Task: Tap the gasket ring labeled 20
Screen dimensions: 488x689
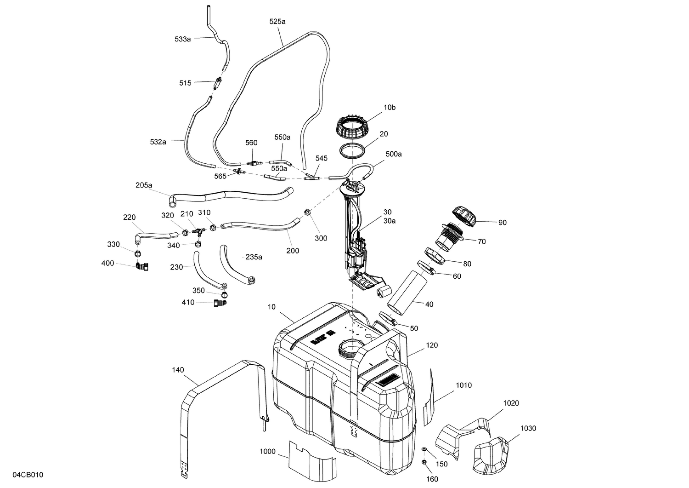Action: pyautogui.click(x=352, y=150)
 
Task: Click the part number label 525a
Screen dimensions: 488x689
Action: pyautogui.click(x=277, y=21)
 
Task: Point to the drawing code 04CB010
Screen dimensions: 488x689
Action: pyautogui.click(x=28, y=475)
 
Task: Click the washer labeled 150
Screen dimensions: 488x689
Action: pyautogui.click(x=424, y=449)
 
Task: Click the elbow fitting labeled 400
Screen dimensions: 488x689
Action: pyautogui.click(x=141, y=266)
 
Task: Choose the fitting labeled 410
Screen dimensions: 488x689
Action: pyautogui.click(x=219, y=303)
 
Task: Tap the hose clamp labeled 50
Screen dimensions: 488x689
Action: pyautogui.click(x=387, y=318)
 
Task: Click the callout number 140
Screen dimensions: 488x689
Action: pyautogui.click(x=178, y=369)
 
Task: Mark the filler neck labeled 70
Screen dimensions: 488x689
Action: pyautogui.click(x=449, y=234)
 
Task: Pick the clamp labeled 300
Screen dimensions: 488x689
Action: pyautogui.click(x=307, y=212)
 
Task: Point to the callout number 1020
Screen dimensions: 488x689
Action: pyautogui.click(x=511, y=403)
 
